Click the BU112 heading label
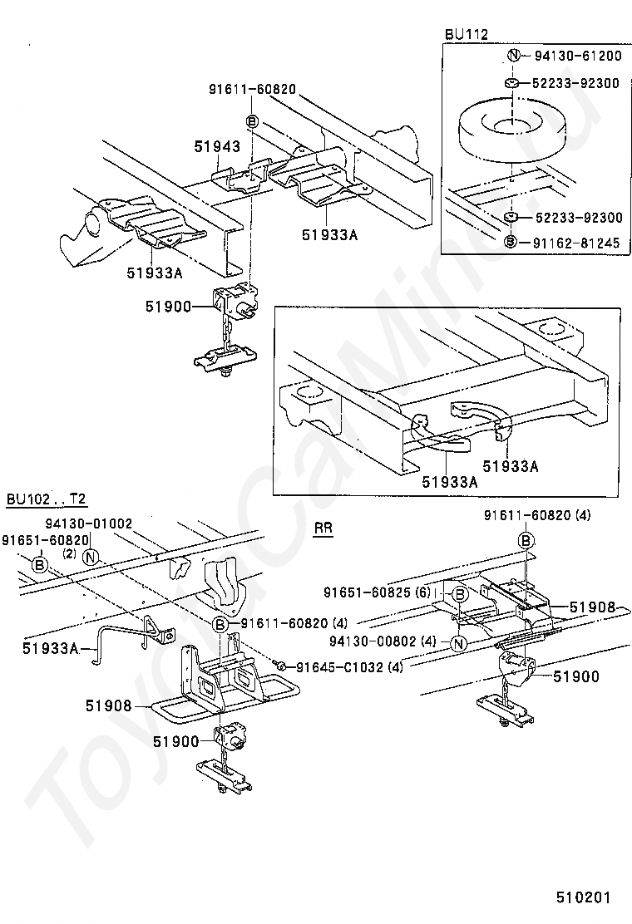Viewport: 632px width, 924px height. pos(467,34)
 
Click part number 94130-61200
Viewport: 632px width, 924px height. pos(577,57)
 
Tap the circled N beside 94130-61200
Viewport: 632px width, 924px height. pos(513,57)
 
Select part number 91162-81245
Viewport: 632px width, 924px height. pos(577,242)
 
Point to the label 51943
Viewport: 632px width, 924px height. pos(217,147)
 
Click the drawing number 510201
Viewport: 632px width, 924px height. pos(584,897)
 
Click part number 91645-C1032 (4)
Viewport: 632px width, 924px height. pos(339,666)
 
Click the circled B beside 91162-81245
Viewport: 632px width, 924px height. pos(513,242)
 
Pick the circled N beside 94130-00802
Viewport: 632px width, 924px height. pos(457,643)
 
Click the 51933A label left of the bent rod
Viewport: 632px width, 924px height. pos(50,648)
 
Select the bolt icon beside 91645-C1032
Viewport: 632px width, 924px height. pos(283,666)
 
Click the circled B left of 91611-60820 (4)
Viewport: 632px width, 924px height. pos(220,624)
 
